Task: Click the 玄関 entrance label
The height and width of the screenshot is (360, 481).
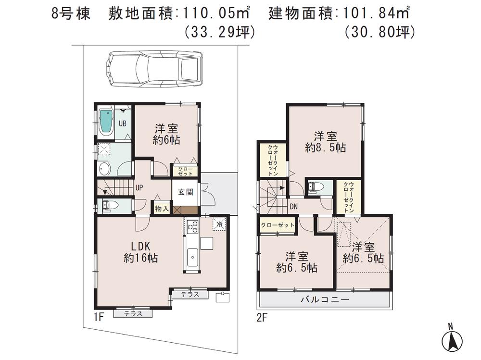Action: click(186, 192)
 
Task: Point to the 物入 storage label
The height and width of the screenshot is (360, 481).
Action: click(162, 208)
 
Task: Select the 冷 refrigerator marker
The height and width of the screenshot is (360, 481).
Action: click(218, 224)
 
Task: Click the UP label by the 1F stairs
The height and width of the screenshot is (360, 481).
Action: click(139, 188)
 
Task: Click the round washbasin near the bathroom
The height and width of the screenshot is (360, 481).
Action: click(104, 169)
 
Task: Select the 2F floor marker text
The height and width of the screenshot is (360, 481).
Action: click(261, 317)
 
